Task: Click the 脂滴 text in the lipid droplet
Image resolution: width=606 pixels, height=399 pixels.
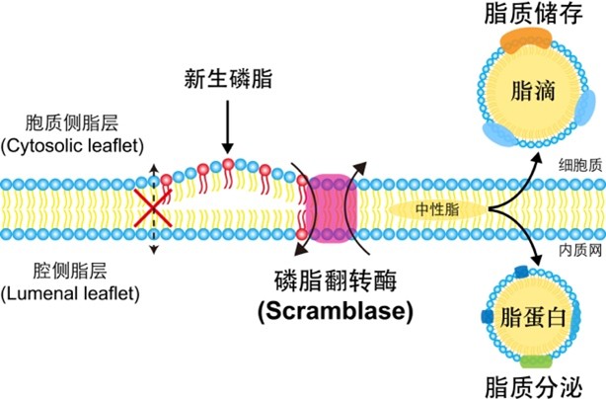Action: click(532, 92)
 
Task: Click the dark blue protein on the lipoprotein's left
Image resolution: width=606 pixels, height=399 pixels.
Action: click(487, 317)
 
